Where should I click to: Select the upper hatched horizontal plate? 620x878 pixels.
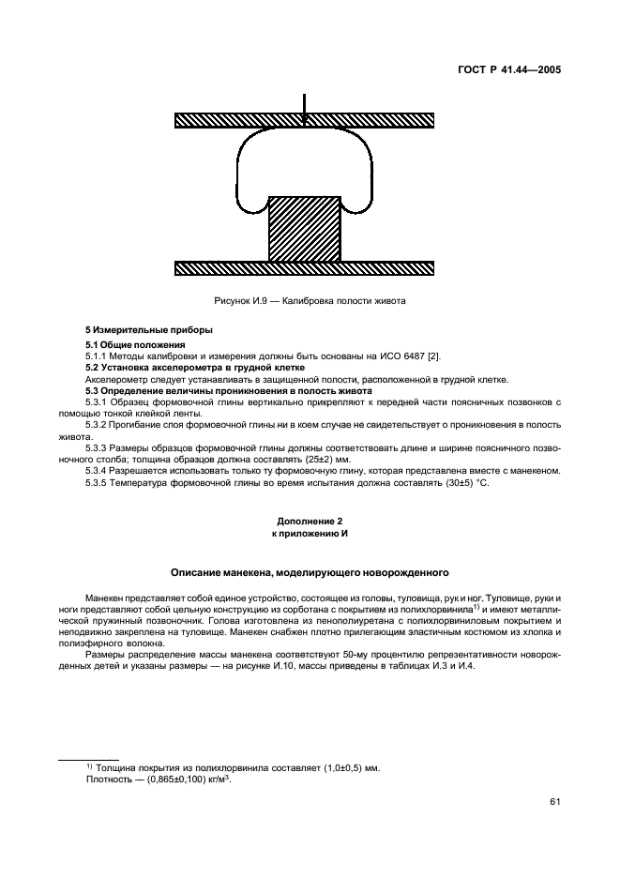coord(304,120)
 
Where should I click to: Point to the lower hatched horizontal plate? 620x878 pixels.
coord(304,268)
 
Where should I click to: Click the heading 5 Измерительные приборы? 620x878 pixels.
coord(137,331)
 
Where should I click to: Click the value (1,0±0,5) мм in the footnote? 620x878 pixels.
coord(339,767)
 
